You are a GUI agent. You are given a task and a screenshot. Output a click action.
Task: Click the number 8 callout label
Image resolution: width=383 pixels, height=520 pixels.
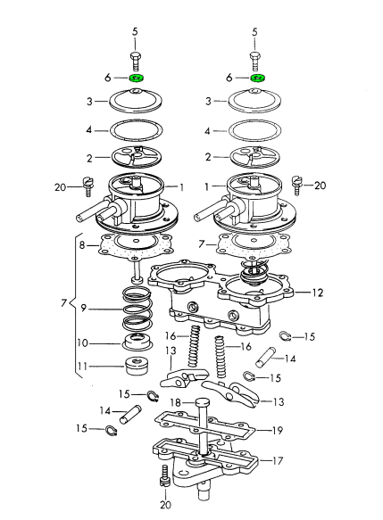(x=82, y=245)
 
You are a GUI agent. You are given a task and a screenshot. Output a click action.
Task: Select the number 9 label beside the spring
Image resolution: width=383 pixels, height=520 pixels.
(x=83, y=309)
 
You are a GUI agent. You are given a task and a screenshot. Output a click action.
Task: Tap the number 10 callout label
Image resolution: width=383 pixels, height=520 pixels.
(x=83, y=343)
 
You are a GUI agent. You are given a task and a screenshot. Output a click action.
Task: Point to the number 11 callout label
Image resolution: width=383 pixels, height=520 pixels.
(x=82, y=367)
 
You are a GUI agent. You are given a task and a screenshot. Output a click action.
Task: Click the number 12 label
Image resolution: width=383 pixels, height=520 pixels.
(x=317, y=293)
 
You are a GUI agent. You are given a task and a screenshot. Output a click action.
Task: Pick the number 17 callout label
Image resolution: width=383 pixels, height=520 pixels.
(x=277, y=460)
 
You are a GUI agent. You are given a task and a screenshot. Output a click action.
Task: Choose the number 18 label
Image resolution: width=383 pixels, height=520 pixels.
(x=175, y=402)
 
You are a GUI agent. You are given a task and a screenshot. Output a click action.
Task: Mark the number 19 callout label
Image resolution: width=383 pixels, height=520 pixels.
(x=277, y=431)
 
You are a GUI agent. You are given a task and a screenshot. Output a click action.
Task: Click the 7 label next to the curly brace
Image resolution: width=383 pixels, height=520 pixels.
(x=63, y=302)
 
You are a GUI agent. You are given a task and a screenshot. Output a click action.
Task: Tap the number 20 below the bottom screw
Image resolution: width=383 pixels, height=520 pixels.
(x=165, y=505)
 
